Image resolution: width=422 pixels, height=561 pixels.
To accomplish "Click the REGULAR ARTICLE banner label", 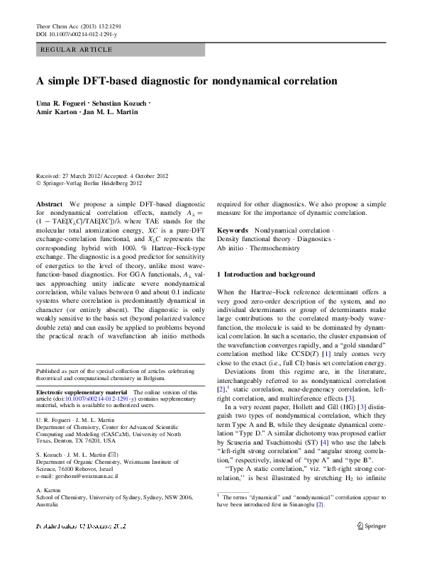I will (77, 50).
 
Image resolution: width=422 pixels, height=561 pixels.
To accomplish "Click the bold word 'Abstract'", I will (49, 204).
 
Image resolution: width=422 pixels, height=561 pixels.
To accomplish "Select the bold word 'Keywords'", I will (233, 231).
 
